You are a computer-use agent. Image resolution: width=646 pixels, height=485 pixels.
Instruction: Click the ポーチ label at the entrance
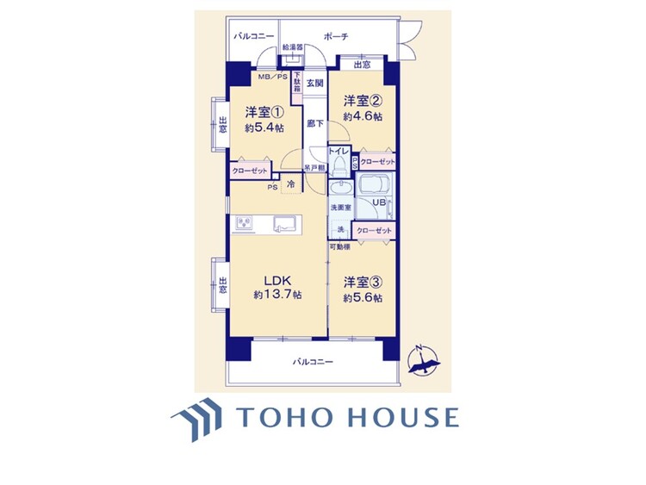[x=335, y=36]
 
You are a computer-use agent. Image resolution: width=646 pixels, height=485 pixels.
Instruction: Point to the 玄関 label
[x=315, y=84]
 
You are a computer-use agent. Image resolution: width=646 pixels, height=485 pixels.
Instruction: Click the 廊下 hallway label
[x=315, y=124]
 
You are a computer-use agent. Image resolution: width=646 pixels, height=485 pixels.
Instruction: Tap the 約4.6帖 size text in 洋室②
[x=363, y=115]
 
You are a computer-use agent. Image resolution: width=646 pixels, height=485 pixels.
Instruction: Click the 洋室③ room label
[x=363, y=282]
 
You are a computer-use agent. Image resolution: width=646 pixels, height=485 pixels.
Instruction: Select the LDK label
[x=276, y=281]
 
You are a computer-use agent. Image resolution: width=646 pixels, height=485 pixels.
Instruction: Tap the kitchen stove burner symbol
[x=244, y=224]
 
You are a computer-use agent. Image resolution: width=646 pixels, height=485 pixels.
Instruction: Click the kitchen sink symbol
[x=283, y=224]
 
